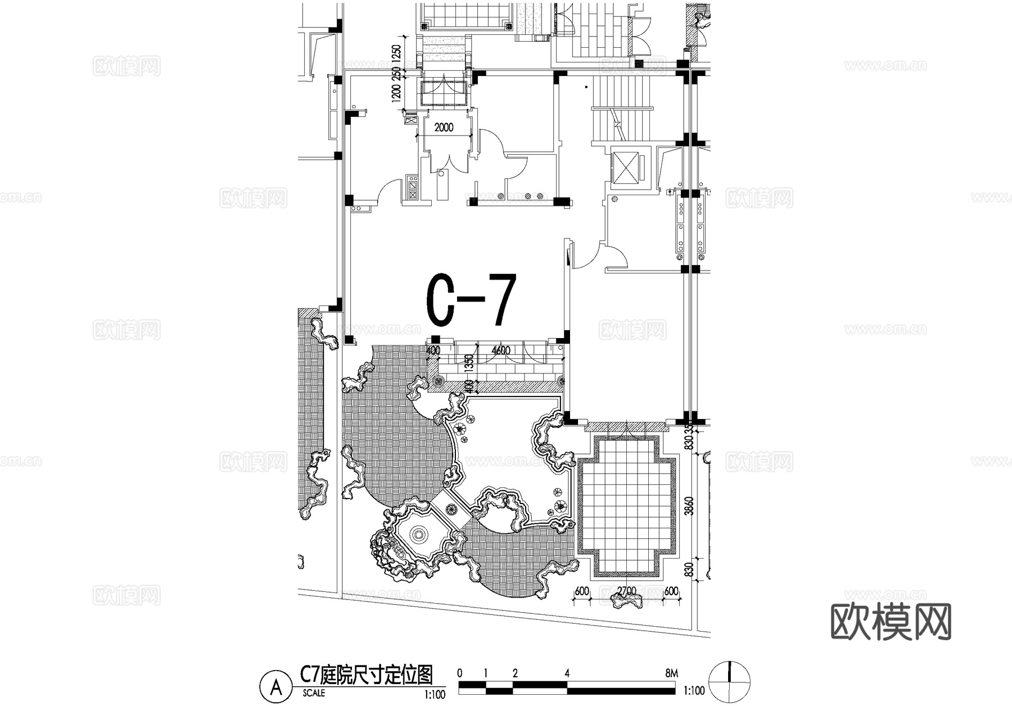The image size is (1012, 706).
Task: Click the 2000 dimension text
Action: (x=444, y=128)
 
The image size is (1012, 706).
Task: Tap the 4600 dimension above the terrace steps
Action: (x=500, y=350)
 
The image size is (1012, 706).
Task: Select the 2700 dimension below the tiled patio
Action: (x=626, y=591)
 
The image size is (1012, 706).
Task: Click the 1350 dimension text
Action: (x=469, y=364)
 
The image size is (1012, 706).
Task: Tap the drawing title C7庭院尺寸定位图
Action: (x=367, y=674)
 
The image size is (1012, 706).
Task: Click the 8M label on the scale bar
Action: (x=671, y=673)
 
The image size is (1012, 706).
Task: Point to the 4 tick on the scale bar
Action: (x=567, y=673)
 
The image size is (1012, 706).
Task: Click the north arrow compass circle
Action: (x=730, y=681)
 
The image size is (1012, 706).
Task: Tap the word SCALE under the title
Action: (x=313, y=693)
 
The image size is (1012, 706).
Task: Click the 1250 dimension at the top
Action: (x=396, y=55)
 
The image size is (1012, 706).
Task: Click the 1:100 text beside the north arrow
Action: (x=694, y=690)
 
